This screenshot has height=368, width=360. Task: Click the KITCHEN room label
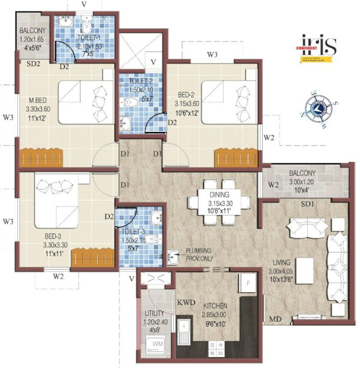(x=215, y=305)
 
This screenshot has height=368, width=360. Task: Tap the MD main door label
(x=275, y=318)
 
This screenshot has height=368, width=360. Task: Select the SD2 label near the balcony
(x=33, y=62)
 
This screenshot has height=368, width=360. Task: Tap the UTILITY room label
(x=155, y=313)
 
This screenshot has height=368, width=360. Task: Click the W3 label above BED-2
(x=212, y=55)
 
